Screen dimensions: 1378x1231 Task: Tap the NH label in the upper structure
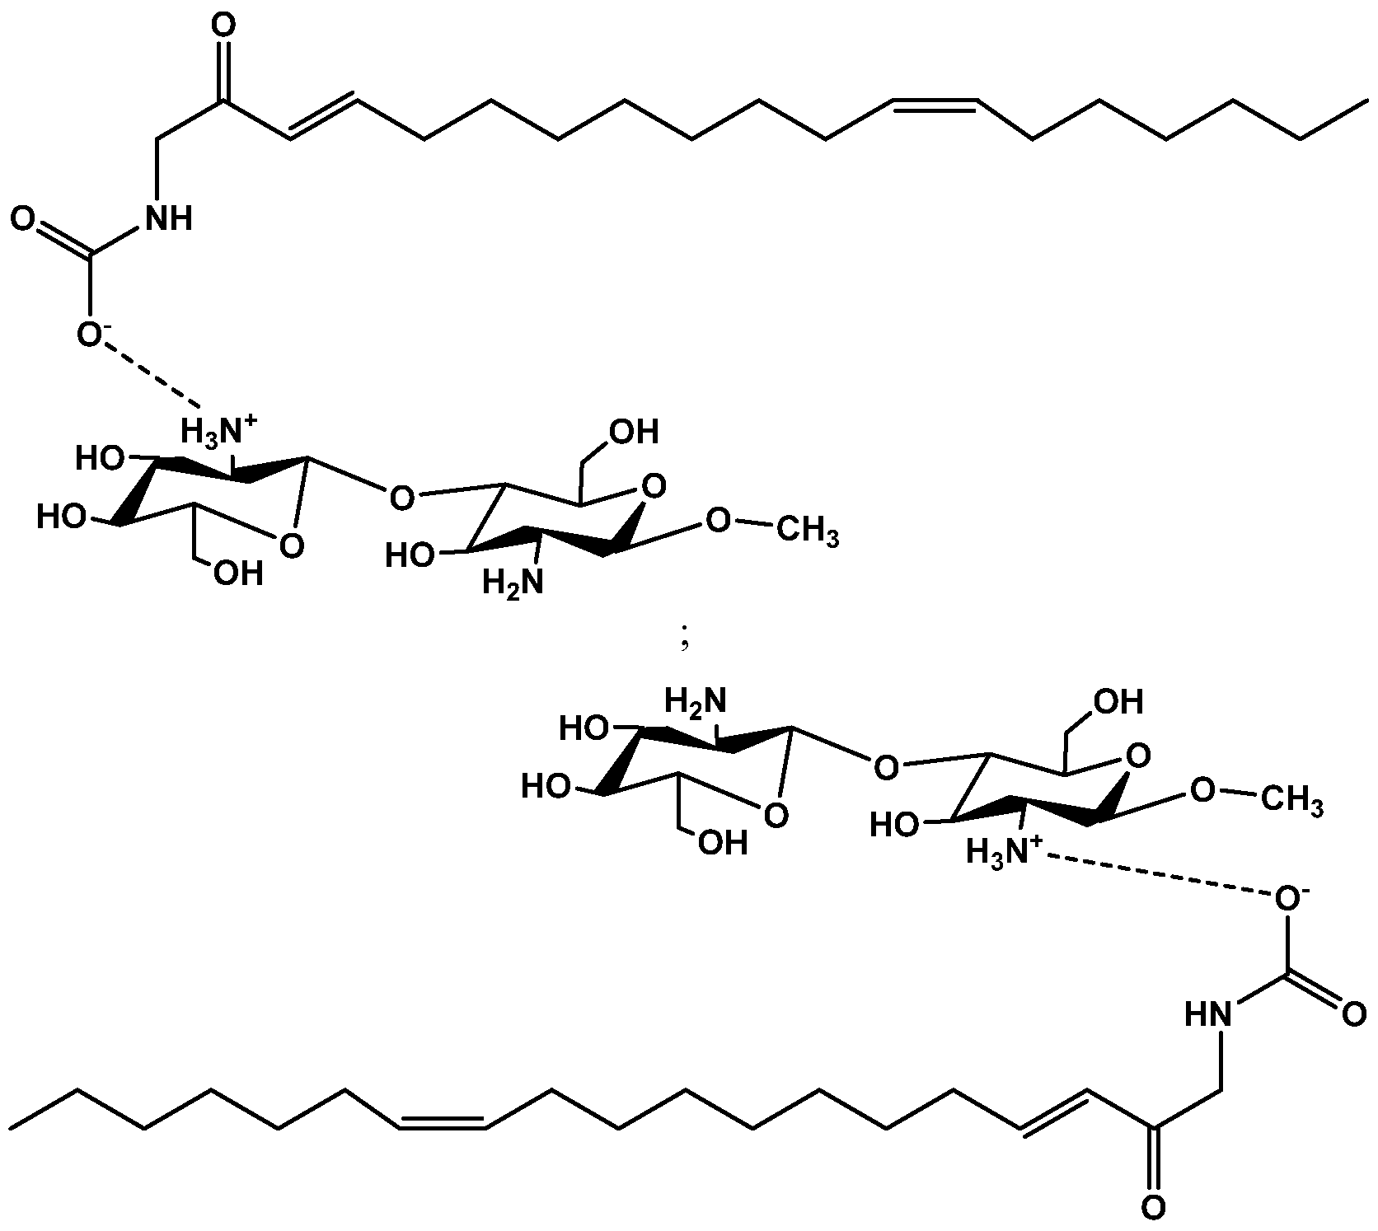click(168, 218)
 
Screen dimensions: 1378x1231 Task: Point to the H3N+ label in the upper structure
click(219, 430)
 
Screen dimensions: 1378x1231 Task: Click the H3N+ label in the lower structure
click(1004, 850)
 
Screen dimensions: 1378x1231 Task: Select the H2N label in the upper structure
click(513, 583)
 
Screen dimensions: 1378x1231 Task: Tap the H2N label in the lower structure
click(696, 703)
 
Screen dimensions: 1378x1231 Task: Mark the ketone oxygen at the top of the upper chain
click(222, 27)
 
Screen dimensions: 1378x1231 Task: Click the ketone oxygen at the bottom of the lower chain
click(1154, 1209)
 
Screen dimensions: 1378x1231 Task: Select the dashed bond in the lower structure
click(1157, 875)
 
